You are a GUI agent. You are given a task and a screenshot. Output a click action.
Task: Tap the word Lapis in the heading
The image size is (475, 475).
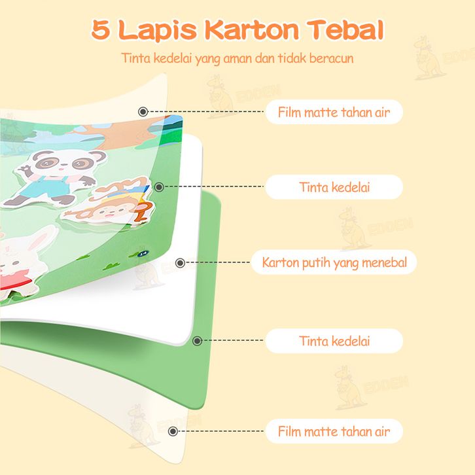tap(157, 30)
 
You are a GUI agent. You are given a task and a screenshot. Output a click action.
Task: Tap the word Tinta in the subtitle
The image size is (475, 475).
tap(135, 58)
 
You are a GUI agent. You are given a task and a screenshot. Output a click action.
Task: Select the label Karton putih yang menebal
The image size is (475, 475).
tap(334, 263)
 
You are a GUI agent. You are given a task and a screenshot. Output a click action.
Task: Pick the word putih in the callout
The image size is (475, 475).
tap(311, 263)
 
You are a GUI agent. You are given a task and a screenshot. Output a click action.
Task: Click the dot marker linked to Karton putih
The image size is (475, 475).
tap(180, 264)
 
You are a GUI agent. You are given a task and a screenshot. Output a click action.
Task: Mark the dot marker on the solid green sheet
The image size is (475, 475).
tap(197, 341)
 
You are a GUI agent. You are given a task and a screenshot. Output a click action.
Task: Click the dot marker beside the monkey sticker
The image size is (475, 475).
tap(159, 187)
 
